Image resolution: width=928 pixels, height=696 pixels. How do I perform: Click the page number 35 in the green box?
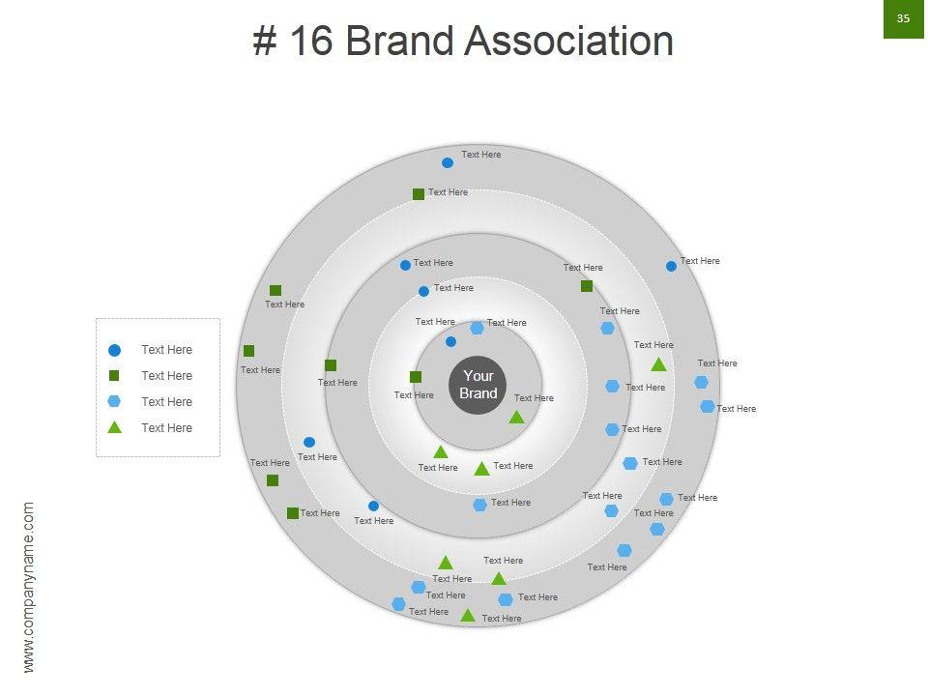tap(904, 18)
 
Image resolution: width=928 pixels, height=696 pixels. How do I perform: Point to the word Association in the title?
tap(568, 42)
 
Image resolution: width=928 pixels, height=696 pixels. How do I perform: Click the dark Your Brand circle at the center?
tap(478, 385)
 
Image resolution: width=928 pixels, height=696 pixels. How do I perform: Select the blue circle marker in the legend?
tap(114, 350)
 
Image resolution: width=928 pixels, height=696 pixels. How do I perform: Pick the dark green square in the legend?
tap(114, 376)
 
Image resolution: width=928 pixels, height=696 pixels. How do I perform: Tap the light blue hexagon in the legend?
tap(114, 402)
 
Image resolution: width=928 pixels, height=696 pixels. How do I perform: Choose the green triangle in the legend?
tap(114, 427)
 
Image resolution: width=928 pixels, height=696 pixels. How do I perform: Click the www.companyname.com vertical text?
tap(28, 587)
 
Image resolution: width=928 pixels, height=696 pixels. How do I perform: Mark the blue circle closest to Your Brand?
tap(450, 341)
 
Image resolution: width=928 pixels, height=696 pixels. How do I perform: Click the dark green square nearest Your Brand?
tap(416, 377)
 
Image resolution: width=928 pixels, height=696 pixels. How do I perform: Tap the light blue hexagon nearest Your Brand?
tap(477, 328)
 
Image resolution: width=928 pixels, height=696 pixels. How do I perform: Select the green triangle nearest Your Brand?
tap(516, 417)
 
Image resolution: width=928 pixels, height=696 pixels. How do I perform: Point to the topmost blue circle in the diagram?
tap(448, 162)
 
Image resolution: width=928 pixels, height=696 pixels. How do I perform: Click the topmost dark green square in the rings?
tap(419, 194)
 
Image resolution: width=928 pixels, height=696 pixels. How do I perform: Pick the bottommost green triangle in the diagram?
tap(468, 616)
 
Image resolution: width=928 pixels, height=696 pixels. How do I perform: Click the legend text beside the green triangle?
tap(166, 428)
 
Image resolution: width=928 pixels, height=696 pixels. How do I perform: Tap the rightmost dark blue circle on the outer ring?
tap(671, 266)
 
